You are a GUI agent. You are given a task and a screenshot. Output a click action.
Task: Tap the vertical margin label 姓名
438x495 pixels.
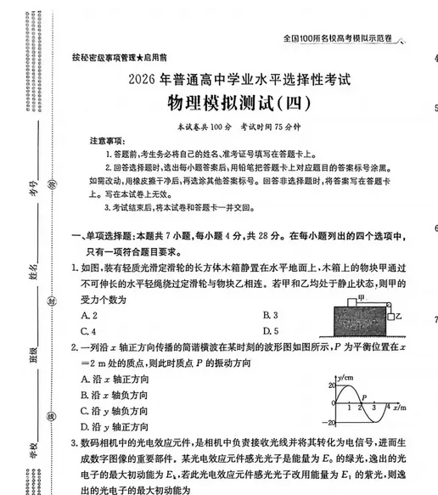pyautogui.click(x=34, y=271)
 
